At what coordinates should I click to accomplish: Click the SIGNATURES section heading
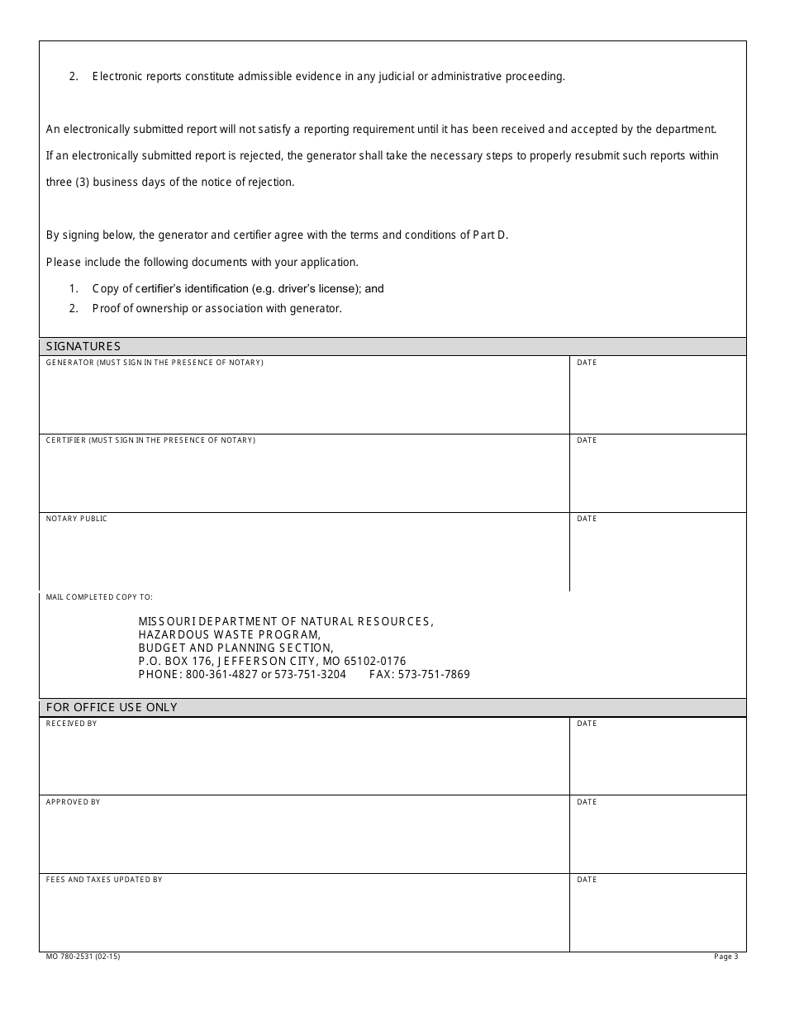point(83,346)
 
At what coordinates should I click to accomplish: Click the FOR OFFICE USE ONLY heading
point(112,707)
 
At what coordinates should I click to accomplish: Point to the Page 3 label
point(726,957)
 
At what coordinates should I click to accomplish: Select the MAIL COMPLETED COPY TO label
point(99,596)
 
